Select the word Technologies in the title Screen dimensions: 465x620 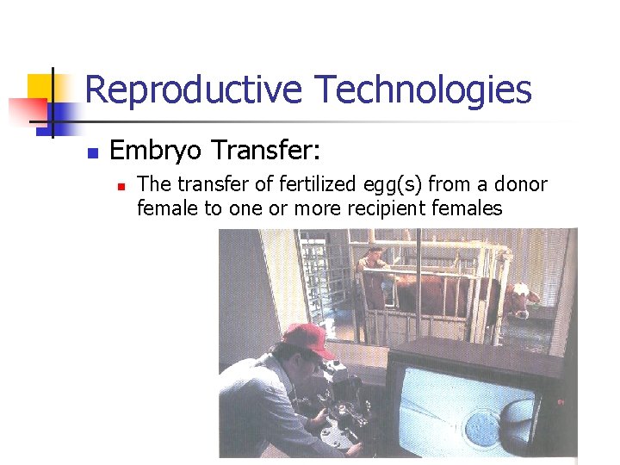click(423, 90)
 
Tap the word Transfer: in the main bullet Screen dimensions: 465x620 click(266, 152)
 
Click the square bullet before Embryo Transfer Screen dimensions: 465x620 click(92, 153)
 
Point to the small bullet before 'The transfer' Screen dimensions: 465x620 click(121, 185)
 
